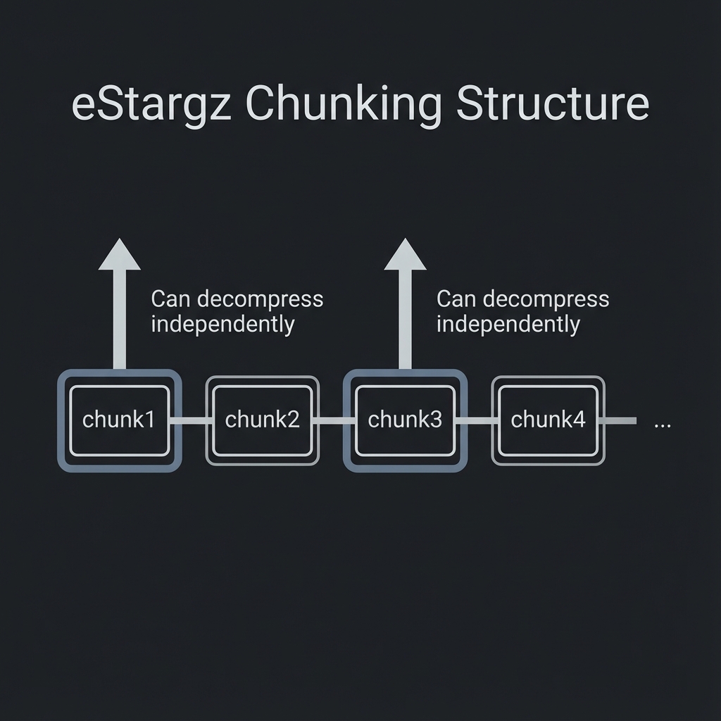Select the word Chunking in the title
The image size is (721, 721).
(344, 105)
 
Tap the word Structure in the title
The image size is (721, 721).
(552, 104)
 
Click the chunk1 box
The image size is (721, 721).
(119, 420)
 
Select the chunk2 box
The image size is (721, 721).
(262, 420)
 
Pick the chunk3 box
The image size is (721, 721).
(405, 420)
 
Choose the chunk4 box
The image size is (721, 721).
(548, 420)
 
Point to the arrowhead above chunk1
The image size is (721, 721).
(120, 255)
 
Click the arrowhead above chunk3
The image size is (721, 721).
(405, 255)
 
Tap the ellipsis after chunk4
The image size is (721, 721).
(663, 425)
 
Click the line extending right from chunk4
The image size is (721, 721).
(621, 421)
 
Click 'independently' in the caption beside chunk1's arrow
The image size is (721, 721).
(222, 325)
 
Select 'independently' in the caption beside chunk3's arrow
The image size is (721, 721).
(508, 325)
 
